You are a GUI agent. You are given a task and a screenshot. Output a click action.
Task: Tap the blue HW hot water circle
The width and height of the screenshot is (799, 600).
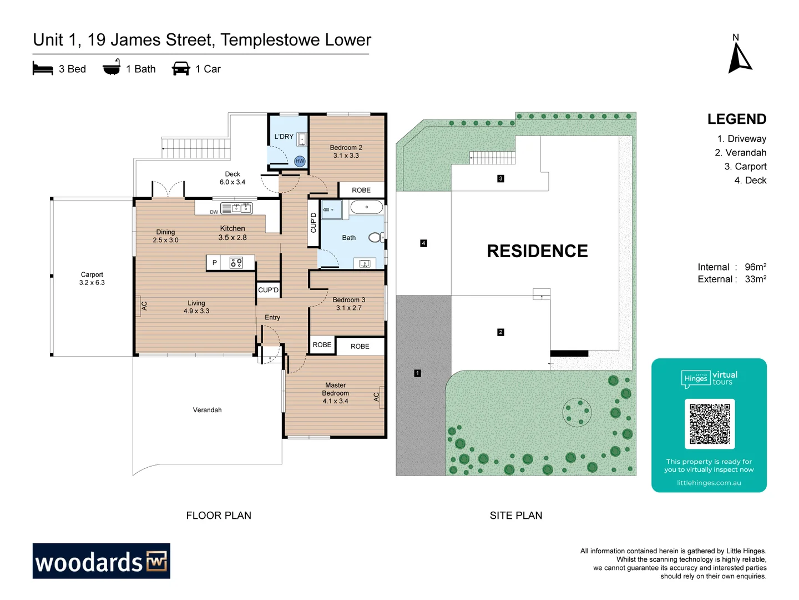pos(300,161)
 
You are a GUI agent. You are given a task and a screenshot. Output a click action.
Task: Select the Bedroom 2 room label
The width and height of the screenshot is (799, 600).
pos(346,152)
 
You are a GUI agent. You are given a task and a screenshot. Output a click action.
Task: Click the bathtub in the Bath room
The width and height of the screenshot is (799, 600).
pos(366,208)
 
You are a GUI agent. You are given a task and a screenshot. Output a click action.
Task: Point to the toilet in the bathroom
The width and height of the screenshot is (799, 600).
pos(376,238)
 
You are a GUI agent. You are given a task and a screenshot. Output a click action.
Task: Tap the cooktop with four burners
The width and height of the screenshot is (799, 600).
pos(236,263)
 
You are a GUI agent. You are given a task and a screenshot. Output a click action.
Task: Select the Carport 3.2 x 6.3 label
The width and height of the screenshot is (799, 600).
pos(92,278)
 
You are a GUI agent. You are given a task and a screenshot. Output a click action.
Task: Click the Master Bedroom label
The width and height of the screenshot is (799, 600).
pos(335,393)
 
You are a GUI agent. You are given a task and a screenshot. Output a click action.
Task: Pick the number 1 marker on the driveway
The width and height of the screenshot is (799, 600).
pos(417,373)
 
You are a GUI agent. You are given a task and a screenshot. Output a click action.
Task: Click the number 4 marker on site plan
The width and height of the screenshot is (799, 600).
pos(423,243)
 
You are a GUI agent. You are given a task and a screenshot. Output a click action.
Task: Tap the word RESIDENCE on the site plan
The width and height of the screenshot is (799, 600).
pos(537,251)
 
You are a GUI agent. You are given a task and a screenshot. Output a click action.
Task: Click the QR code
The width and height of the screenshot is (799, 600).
pos(709,424)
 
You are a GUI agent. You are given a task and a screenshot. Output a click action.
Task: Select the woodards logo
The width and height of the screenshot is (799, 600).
pos(102,561)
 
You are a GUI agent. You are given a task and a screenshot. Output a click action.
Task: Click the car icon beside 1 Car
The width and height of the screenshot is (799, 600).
pos(181,69)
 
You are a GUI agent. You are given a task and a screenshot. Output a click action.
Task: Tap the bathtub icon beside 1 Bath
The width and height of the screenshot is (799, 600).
pos(112,68)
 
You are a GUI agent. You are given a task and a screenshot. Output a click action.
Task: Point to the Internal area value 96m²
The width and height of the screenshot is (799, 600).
pos(755,267)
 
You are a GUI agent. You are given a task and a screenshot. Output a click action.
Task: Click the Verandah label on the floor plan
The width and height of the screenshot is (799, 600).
pos(207,410)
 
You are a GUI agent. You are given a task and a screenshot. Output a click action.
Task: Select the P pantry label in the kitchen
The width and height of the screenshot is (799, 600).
pos(214,263)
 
